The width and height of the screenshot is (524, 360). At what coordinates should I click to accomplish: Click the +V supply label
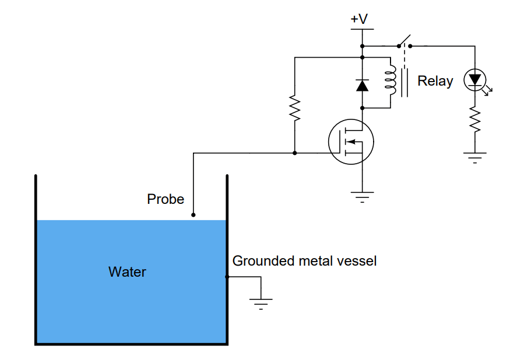tap(359, 19)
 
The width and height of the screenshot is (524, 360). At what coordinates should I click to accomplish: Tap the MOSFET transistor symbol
tap(350, 142)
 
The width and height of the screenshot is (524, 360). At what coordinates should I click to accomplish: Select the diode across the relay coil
tap(362, 85)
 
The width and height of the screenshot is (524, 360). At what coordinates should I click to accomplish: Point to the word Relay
tap(435, 81)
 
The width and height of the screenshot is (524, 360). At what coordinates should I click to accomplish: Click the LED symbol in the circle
tap(475, 79)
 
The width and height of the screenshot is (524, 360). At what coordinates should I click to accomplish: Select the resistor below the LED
tap(475, 120)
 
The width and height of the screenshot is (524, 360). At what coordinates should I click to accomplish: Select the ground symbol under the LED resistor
tap(475, 157)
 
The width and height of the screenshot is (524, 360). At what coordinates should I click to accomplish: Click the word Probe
tap(166, 199)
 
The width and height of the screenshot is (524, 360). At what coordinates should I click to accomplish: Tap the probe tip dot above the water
tap(194, 215)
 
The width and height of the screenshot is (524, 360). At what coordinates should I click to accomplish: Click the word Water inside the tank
tap(127, 271)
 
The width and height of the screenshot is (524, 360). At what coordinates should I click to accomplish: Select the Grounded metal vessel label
tap(304, 261)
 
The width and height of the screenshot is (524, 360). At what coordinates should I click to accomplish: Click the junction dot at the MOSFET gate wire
tap(295, 153)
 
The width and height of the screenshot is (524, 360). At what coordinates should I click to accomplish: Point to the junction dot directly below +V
tap(362, 45)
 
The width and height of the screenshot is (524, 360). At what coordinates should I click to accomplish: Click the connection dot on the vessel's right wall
tap(227, 277)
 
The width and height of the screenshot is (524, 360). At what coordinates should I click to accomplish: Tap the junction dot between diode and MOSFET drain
tap(362, 108)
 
